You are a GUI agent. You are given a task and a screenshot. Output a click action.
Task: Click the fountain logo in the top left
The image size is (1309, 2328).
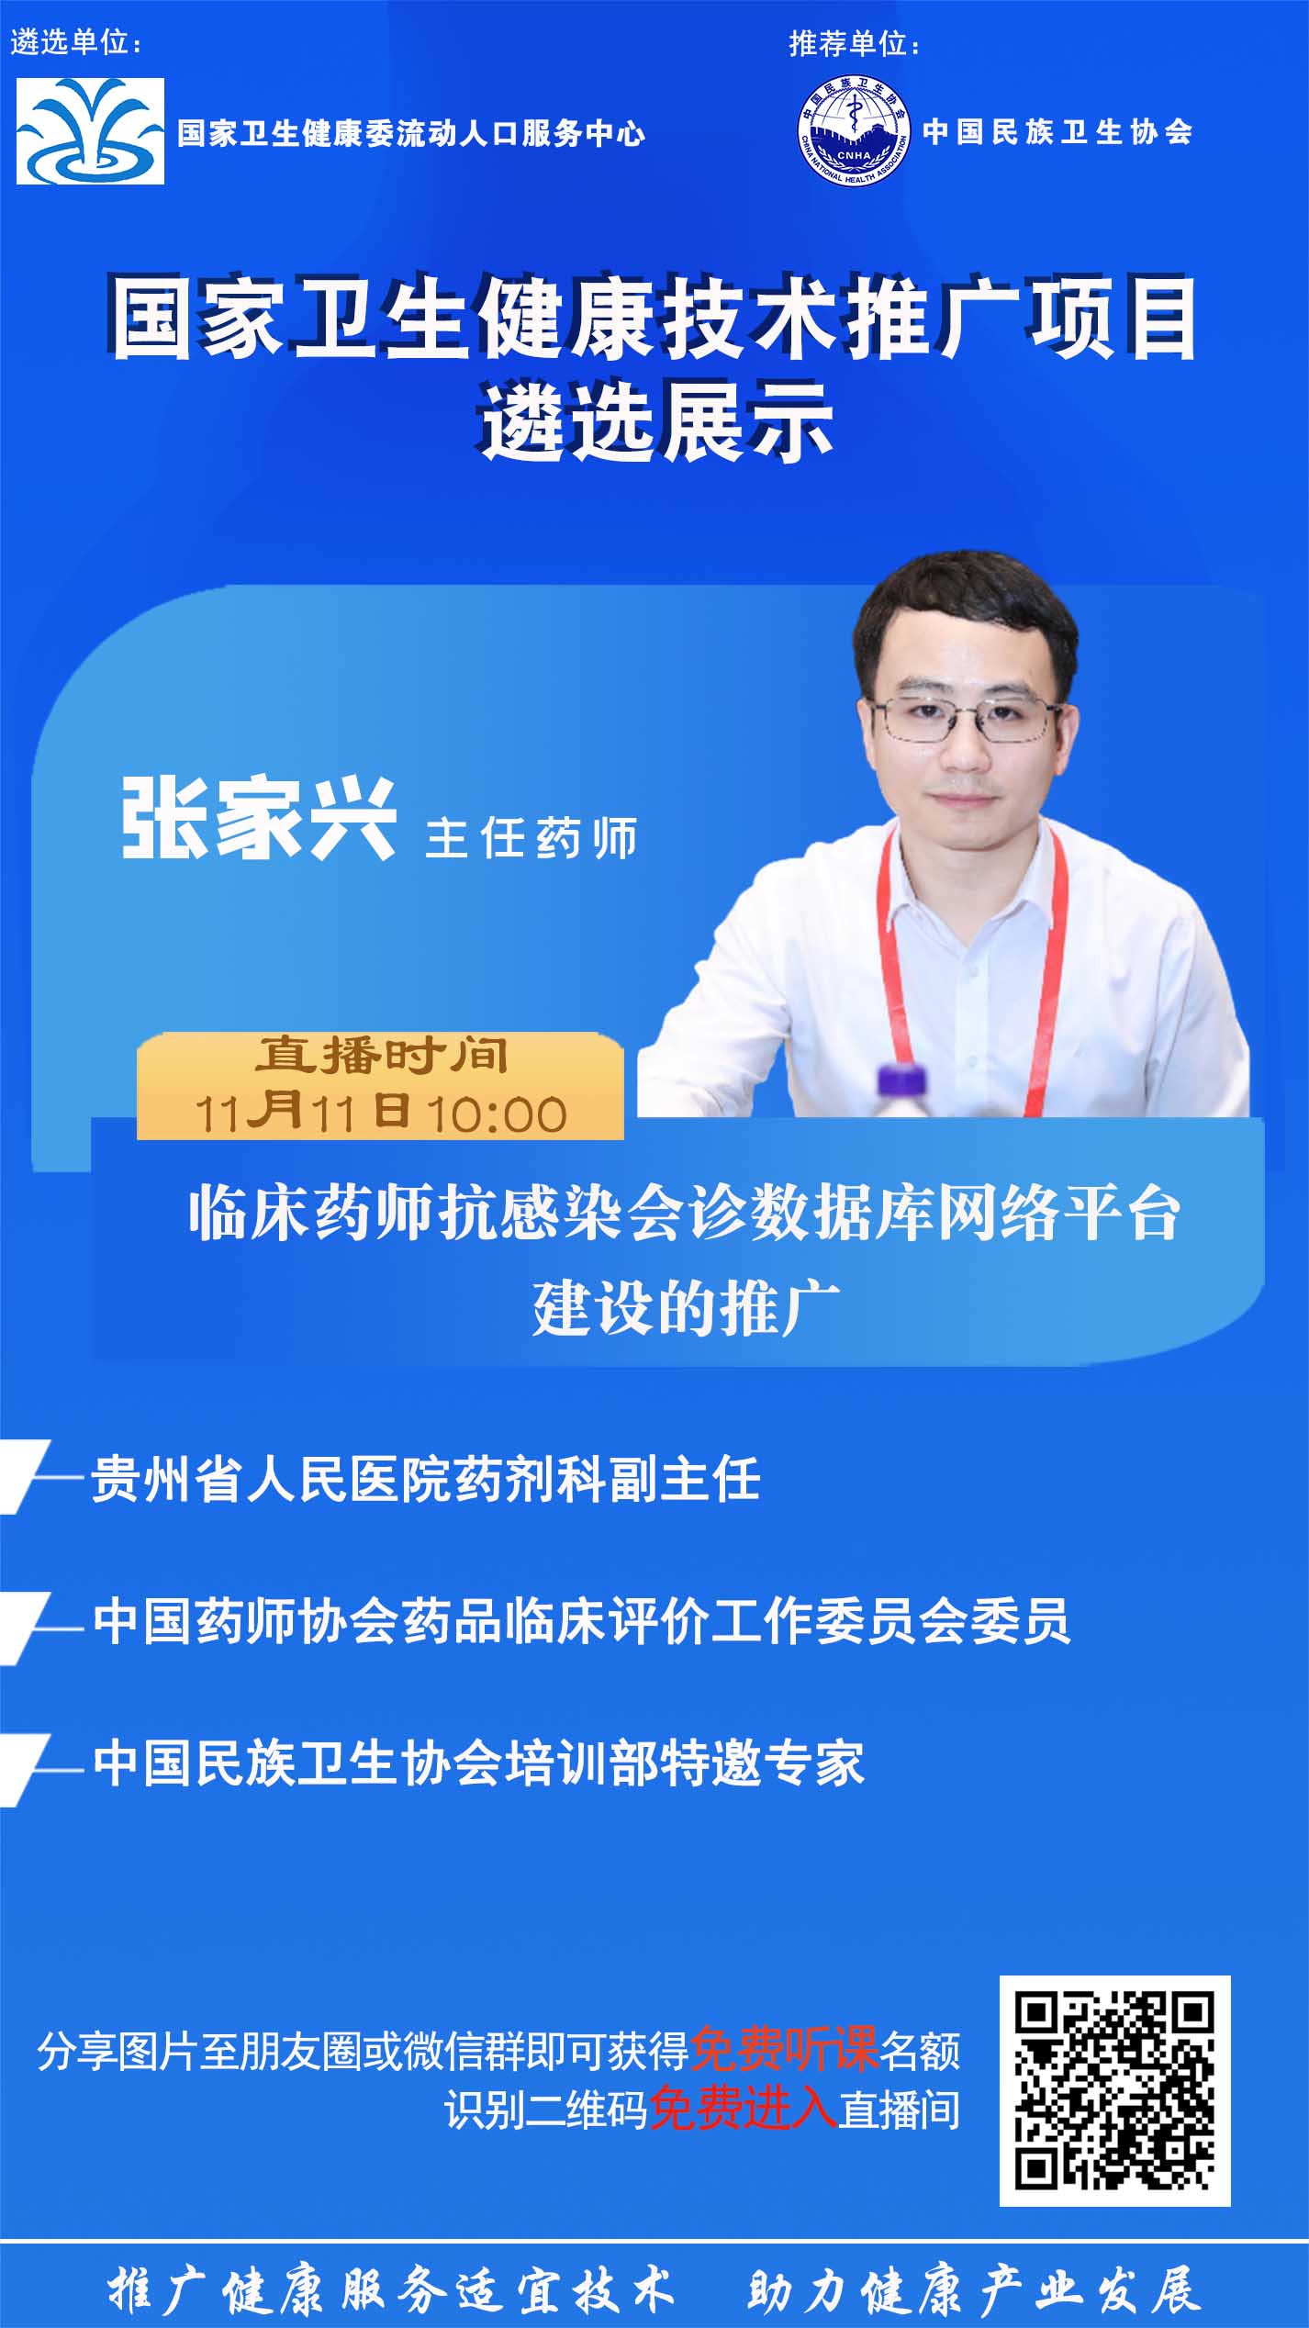tap(90, 131)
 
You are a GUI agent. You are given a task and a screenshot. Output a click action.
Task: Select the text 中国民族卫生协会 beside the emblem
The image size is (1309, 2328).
tap(1057, 132)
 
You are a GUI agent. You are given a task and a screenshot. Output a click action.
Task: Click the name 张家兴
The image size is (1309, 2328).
tap(259, 819)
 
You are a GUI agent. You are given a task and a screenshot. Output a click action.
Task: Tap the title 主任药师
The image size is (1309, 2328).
tap(531, 837)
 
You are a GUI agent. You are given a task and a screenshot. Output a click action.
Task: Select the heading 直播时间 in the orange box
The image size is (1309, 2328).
tap(381, 1056)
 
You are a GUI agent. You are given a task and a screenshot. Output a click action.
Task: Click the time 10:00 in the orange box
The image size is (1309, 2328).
tap(497, 1114)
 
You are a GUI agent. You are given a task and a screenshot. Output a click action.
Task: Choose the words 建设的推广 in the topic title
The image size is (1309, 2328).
tap(687, 1307)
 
